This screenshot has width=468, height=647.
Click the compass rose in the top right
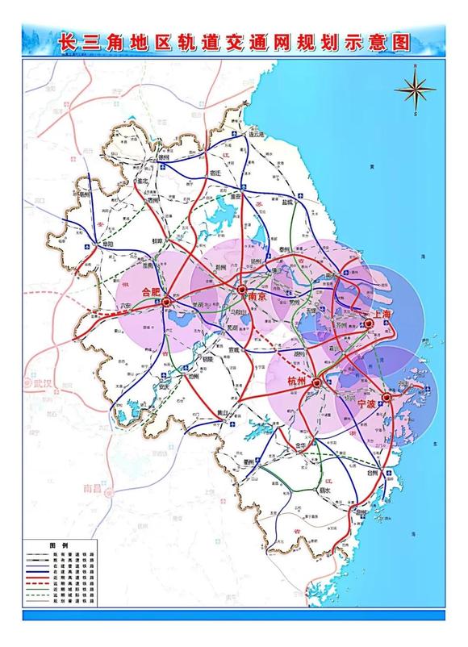coord(414,93)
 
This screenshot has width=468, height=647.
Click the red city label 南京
coord(257,296)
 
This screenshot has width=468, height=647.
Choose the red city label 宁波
coord(367,404)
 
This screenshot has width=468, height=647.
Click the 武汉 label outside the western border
coord(37,383)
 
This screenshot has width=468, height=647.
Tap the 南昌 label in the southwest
coord(94,489)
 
